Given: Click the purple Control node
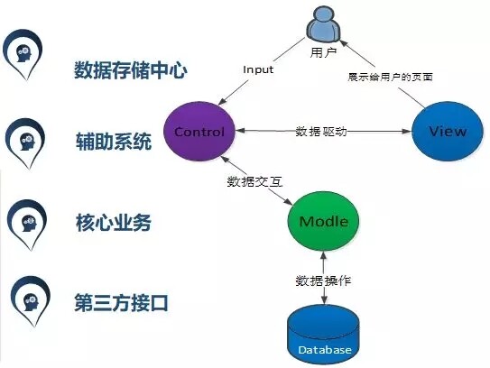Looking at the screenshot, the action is coord(199,131).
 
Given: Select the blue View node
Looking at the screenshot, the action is coord(448,131).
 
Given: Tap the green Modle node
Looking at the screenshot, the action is coord(323,221).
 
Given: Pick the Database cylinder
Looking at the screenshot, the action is coord(323,335).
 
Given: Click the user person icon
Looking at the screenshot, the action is coord(323,25).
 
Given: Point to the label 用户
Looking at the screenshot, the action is coord(323,52).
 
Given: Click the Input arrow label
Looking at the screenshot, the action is coord(258,69).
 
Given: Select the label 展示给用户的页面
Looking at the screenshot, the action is coord(391,77).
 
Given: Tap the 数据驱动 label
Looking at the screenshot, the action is coord(321,132).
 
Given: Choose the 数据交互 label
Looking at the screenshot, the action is coord(255,181).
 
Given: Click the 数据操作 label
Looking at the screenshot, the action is coord(323,281).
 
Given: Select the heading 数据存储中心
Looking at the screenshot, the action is coord(131,70).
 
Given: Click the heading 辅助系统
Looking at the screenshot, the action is coord(114,142).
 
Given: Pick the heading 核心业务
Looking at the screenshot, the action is coord(114,223).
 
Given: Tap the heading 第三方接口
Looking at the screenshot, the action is coord(122,303).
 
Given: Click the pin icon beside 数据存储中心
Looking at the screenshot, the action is coord(23,53).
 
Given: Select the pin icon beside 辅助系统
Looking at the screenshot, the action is coord(25,143).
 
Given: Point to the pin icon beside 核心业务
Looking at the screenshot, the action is coord(27,224).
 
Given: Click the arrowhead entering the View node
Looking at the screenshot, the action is coord(407,132).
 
